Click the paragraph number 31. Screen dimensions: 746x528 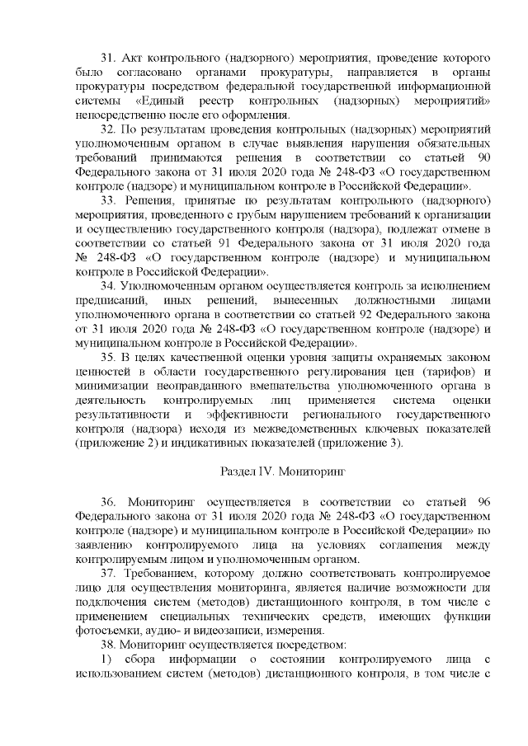pos(108,59)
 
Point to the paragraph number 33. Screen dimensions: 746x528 pos(108,200)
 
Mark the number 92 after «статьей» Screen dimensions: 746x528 pos(350,314)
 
